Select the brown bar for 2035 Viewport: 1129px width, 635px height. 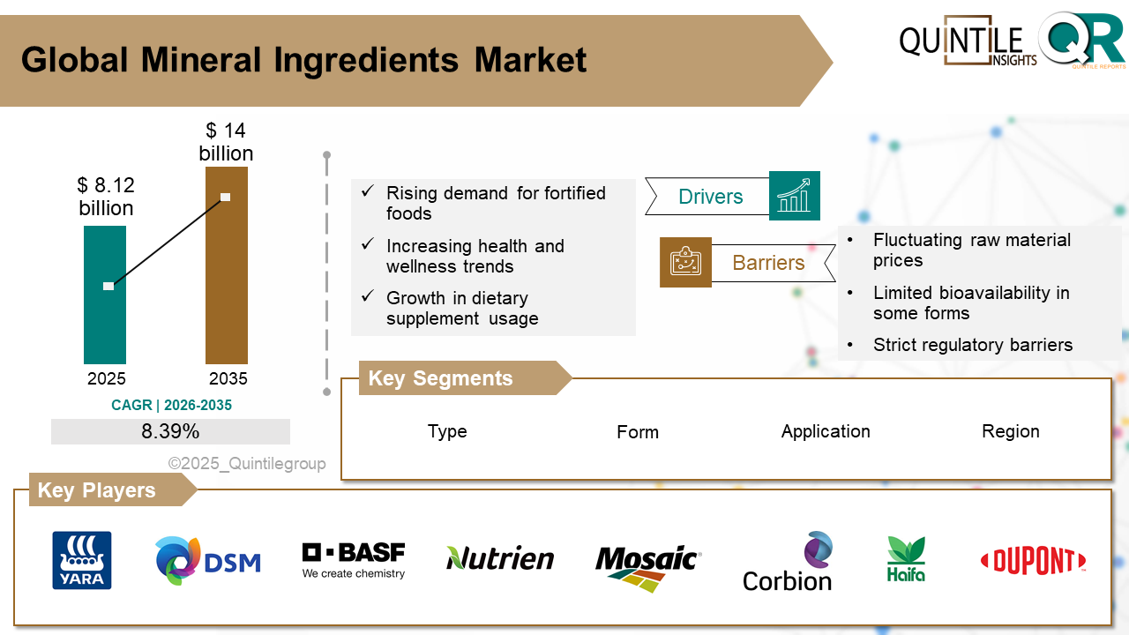pyautogui.click(x=226, y=282)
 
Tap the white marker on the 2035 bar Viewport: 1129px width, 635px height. pyautogui.click(x=226, y=197)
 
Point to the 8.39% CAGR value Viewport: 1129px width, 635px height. pyautogui.click(x=170, y=431)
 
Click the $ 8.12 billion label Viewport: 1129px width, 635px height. pyautogui.click(x=106, y=197)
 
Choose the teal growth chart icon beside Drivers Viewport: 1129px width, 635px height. pyautogui.click(x=794, y=195)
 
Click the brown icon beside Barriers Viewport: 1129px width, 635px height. pyautogui.click(x=685, y=262)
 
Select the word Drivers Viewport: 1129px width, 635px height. pyautogui.click(x=710, y=197)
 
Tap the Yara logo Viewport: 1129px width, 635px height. pyautogui.click(x=82, y=560)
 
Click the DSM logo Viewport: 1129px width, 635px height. pyautogui.click(x=208, y=561)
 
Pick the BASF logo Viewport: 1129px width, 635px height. pyautogui.click(x=354, y=560)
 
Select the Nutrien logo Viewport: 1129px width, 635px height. pyautogui.click(x=500, y=557)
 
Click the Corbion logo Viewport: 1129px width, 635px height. pyautogui.click(x=788, y=562)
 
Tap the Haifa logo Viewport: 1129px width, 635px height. pyautogui.click(x=906, y=559)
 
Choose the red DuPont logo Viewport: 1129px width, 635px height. pyautogui.click(x=1033, y=561)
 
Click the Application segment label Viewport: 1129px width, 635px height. pyautogui.click(x=826, y=431)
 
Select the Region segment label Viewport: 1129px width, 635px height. pyautogui.click(x=1011, y=431)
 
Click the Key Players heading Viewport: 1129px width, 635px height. pyautogui.click(x=97, y=490)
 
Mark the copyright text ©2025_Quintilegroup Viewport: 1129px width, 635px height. pyautogui.click(x=247, y=464)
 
